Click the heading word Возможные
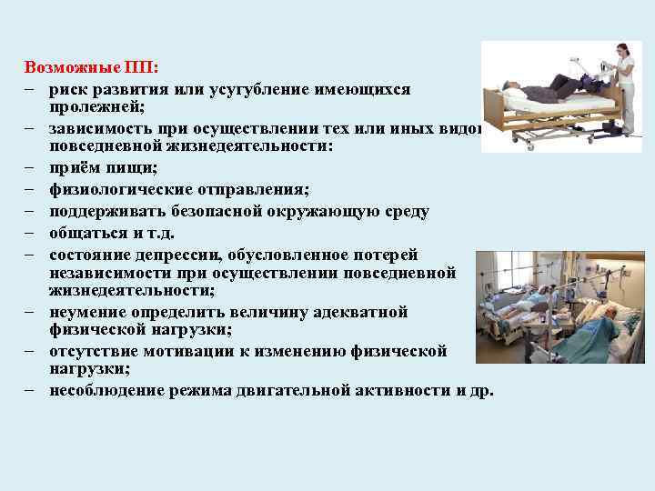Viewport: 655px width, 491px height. tap(60, 67)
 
